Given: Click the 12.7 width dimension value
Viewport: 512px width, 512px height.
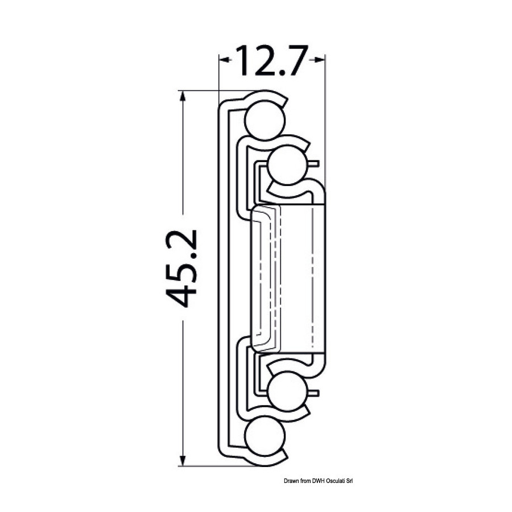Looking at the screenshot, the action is click(272, 61).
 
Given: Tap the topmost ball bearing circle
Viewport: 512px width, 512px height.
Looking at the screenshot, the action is click(265, 120).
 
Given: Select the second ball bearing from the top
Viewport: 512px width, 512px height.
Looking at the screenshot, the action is click(288, 166).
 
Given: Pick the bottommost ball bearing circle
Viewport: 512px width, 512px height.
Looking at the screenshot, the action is click(265, 436).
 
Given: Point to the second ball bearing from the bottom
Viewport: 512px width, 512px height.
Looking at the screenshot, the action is click(288, 390).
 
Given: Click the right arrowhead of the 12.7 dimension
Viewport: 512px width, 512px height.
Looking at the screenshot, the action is click(319, 59).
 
